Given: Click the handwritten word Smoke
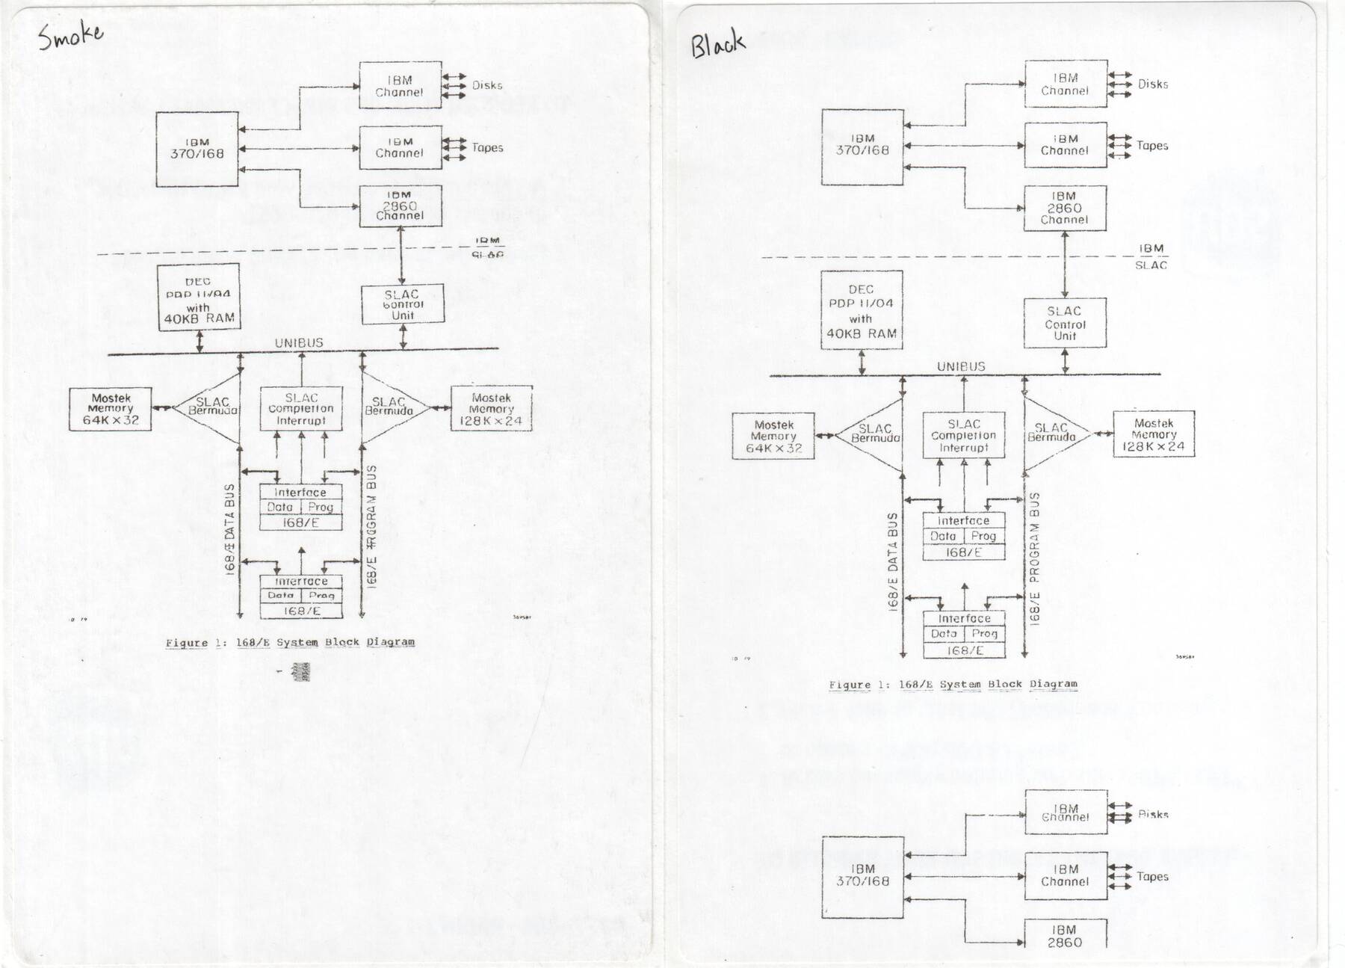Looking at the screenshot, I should click(71, 35).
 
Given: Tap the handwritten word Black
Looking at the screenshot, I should click(717, 44).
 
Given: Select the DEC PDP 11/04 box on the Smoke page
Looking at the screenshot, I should click(199, 298).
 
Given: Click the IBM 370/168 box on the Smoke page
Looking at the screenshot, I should click(197, 149).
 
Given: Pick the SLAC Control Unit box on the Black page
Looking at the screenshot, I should click(1065, 323).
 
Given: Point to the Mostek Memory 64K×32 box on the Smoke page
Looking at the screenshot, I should click(111, 410).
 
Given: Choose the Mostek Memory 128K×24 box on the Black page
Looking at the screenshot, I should click(1154, 434).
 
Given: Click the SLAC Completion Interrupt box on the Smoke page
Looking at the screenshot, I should click(301, 409).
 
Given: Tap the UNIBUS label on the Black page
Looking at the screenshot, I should click(961, 366).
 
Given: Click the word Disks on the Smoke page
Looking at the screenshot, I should click(487, 85).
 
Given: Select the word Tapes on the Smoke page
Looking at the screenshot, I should click(487, 147).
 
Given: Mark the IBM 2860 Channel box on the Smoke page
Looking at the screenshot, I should click(400, 206).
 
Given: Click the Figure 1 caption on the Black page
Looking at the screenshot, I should click(953, 684).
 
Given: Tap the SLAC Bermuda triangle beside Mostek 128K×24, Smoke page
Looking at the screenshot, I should click(392, 408).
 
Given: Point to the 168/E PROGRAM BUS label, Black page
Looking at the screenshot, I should click(1035, 557).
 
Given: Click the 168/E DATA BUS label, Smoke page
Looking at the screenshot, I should click(229, 528).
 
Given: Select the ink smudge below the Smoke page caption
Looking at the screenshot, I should click(301, 670).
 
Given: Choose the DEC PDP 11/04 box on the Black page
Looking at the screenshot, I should click(862, 310).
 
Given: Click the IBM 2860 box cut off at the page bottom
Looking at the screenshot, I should click(1065, 936).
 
